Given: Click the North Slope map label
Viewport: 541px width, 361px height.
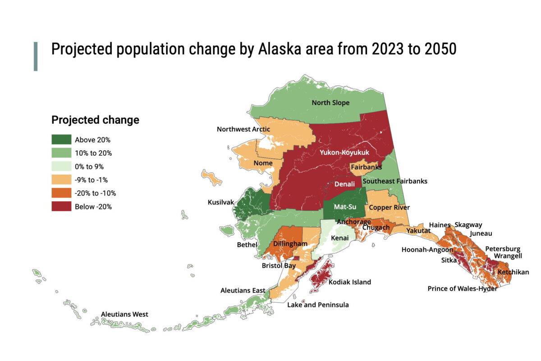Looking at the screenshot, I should tap(330, 103).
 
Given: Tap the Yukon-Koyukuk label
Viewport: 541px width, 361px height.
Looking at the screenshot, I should tap(344, 153).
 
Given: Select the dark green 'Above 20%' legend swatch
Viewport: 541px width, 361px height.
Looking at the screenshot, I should tap(61, 139).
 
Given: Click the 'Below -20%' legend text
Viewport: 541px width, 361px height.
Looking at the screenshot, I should tap(93, 207).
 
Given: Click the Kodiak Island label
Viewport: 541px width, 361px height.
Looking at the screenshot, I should tap(350, 282).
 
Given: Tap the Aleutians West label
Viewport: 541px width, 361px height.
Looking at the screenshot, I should tap(124, 315).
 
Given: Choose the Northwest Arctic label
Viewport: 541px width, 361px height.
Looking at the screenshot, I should tap(243, 129).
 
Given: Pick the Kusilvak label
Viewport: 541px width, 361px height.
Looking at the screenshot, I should tap(220, 202).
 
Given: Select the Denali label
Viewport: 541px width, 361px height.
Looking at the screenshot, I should tap(345, 184).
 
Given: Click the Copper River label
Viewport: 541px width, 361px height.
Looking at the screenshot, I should tap(389, 208).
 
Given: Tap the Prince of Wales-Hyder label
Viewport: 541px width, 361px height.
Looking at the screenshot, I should tap(463, 288).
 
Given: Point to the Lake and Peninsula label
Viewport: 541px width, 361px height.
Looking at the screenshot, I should tap(318, 305).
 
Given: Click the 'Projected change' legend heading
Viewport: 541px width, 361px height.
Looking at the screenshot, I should tap(95, 120).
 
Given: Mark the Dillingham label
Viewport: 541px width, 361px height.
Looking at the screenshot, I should tap(290, 244).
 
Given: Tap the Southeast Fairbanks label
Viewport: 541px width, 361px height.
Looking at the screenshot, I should tap(395, 181).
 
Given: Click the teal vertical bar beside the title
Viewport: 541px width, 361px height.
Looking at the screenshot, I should tap(36, 56).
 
